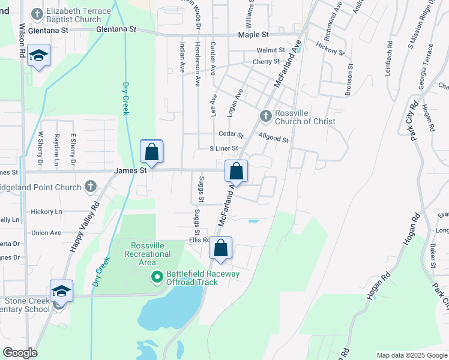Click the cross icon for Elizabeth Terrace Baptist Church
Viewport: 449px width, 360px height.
point(38,13)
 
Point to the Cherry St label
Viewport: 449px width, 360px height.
point(266,62)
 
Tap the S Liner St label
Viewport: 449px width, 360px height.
point(223,148)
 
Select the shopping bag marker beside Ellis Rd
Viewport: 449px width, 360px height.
point(220,248)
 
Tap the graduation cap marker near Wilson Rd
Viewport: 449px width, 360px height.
point(39,56)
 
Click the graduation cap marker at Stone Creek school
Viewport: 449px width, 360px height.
point(61,291)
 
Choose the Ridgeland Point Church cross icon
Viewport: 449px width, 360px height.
point(90,187)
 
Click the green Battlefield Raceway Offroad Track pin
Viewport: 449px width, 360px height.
point(157,277)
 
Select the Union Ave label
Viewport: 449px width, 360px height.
point(46,233)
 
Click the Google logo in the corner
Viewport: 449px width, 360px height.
point(20,353)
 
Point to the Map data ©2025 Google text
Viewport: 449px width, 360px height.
point(411,355)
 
